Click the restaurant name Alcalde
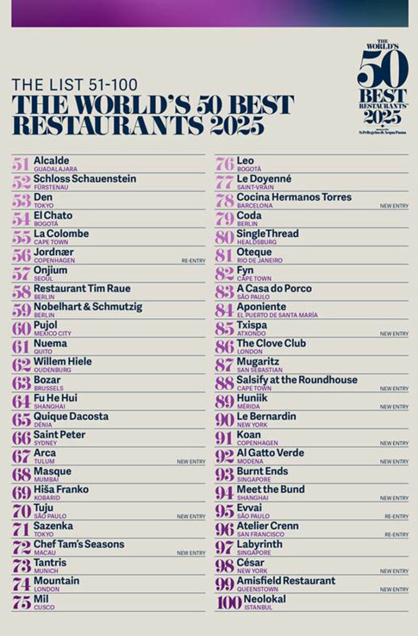52,161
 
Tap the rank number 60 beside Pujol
21,328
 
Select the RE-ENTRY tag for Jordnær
193,261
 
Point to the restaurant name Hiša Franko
61,489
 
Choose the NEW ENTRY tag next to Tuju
191,517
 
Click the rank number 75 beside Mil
21,602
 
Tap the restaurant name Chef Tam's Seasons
79,544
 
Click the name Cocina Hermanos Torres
294,198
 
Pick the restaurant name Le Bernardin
266,417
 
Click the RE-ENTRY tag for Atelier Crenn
396,535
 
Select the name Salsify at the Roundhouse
297,380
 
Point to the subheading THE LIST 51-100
75,85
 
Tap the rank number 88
225,383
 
